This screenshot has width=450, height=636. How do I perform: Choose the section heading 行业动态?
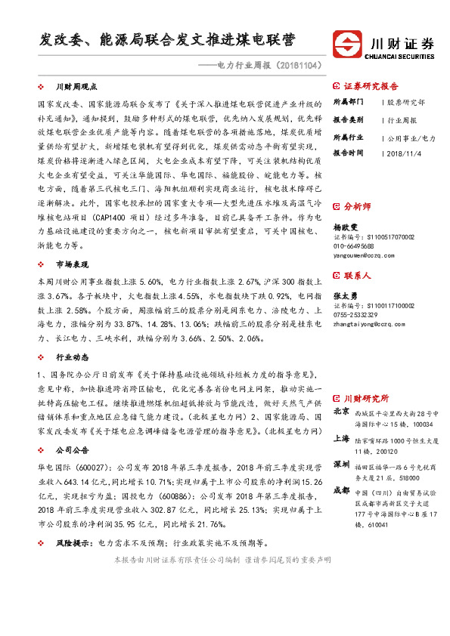[73, 357]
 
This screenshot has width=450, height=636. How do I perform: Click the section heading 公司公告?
[73, 449]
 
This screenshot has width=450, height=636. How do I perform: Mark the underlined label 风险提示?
[74, 543]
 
